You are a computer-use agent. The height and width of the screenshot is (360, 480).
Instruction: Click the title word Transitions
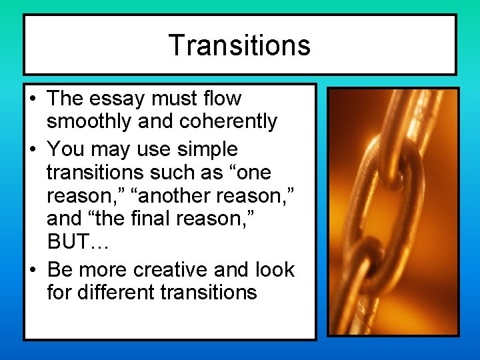[x=239, y=45]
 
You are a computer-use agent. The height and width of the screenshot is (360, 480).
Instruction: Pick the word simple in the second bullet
[x=204, y=148]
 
